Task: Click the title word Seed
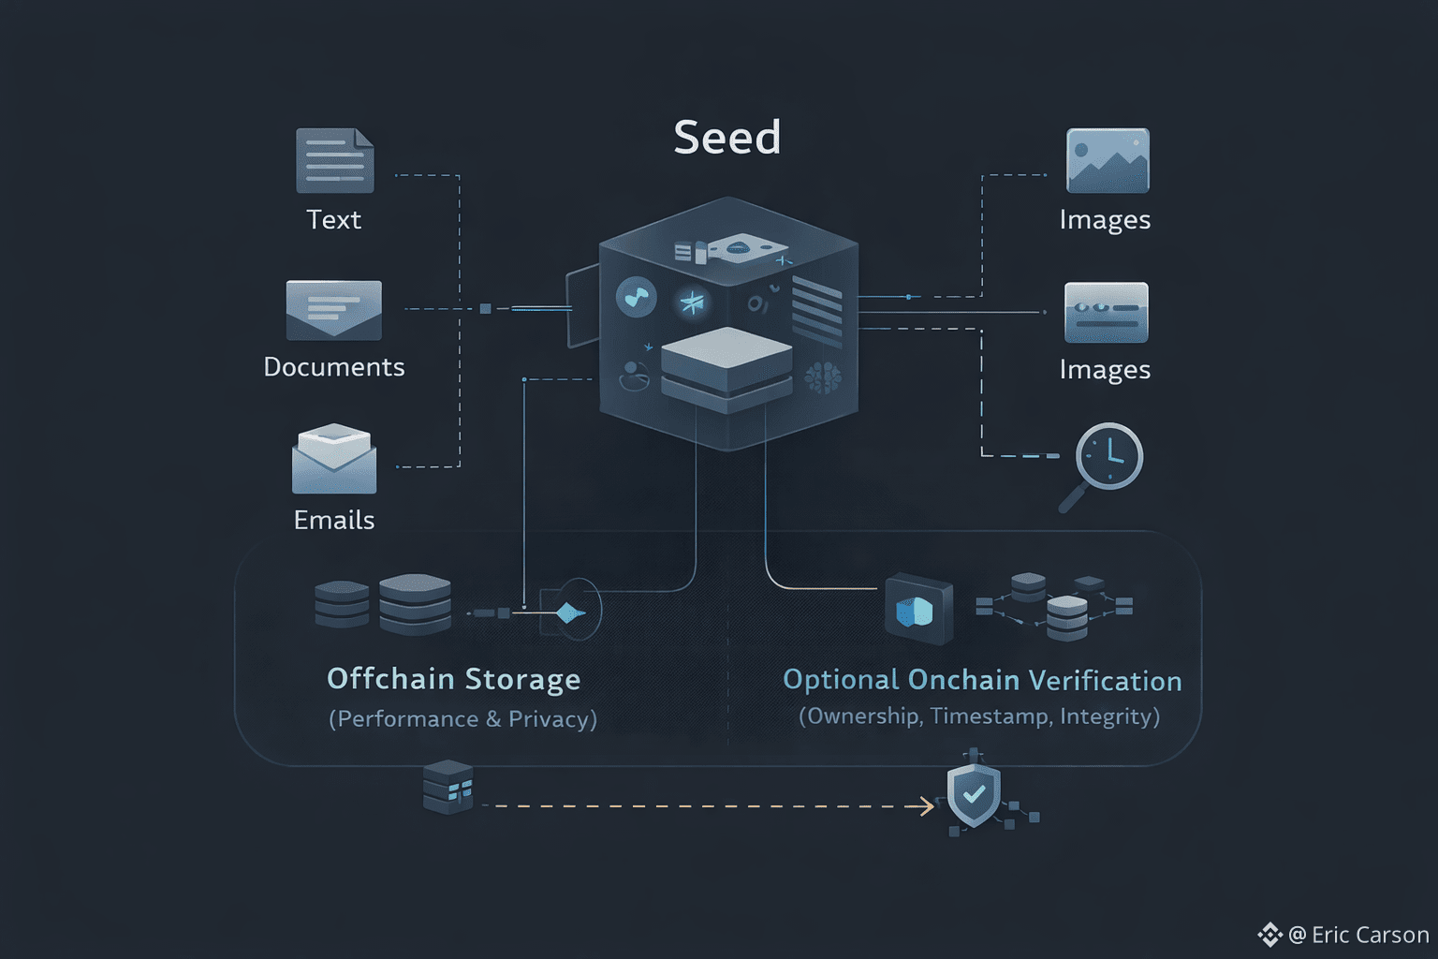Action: pos(727,138)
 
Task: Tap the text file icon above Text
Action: pos(334,161)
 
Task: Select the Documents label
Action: pos(334,366)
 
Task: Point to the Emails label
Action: pos(334,520)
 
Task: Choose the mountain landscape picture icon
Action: pos(1108,160)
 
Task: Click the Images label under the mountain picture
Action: pos(1105,219)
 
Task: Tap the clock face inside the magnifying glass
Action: pos(1109,456)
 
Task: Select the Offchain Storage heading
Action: pos(453,679)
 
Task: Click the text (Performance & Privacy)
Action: pos(462,718)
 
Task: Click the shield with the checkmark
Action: pos(974,795)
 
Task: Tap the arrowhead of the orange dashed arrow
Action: pos(928,805)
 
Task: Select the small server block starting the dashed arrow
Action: pos(448,787)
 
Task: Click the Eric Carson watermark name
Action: pos(1370,935)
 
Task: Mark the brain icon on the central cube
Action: pos(823,376)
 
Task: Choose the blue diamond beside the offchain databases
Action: pos(568,613)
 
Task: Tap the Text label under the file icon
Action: pos(333,219)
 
